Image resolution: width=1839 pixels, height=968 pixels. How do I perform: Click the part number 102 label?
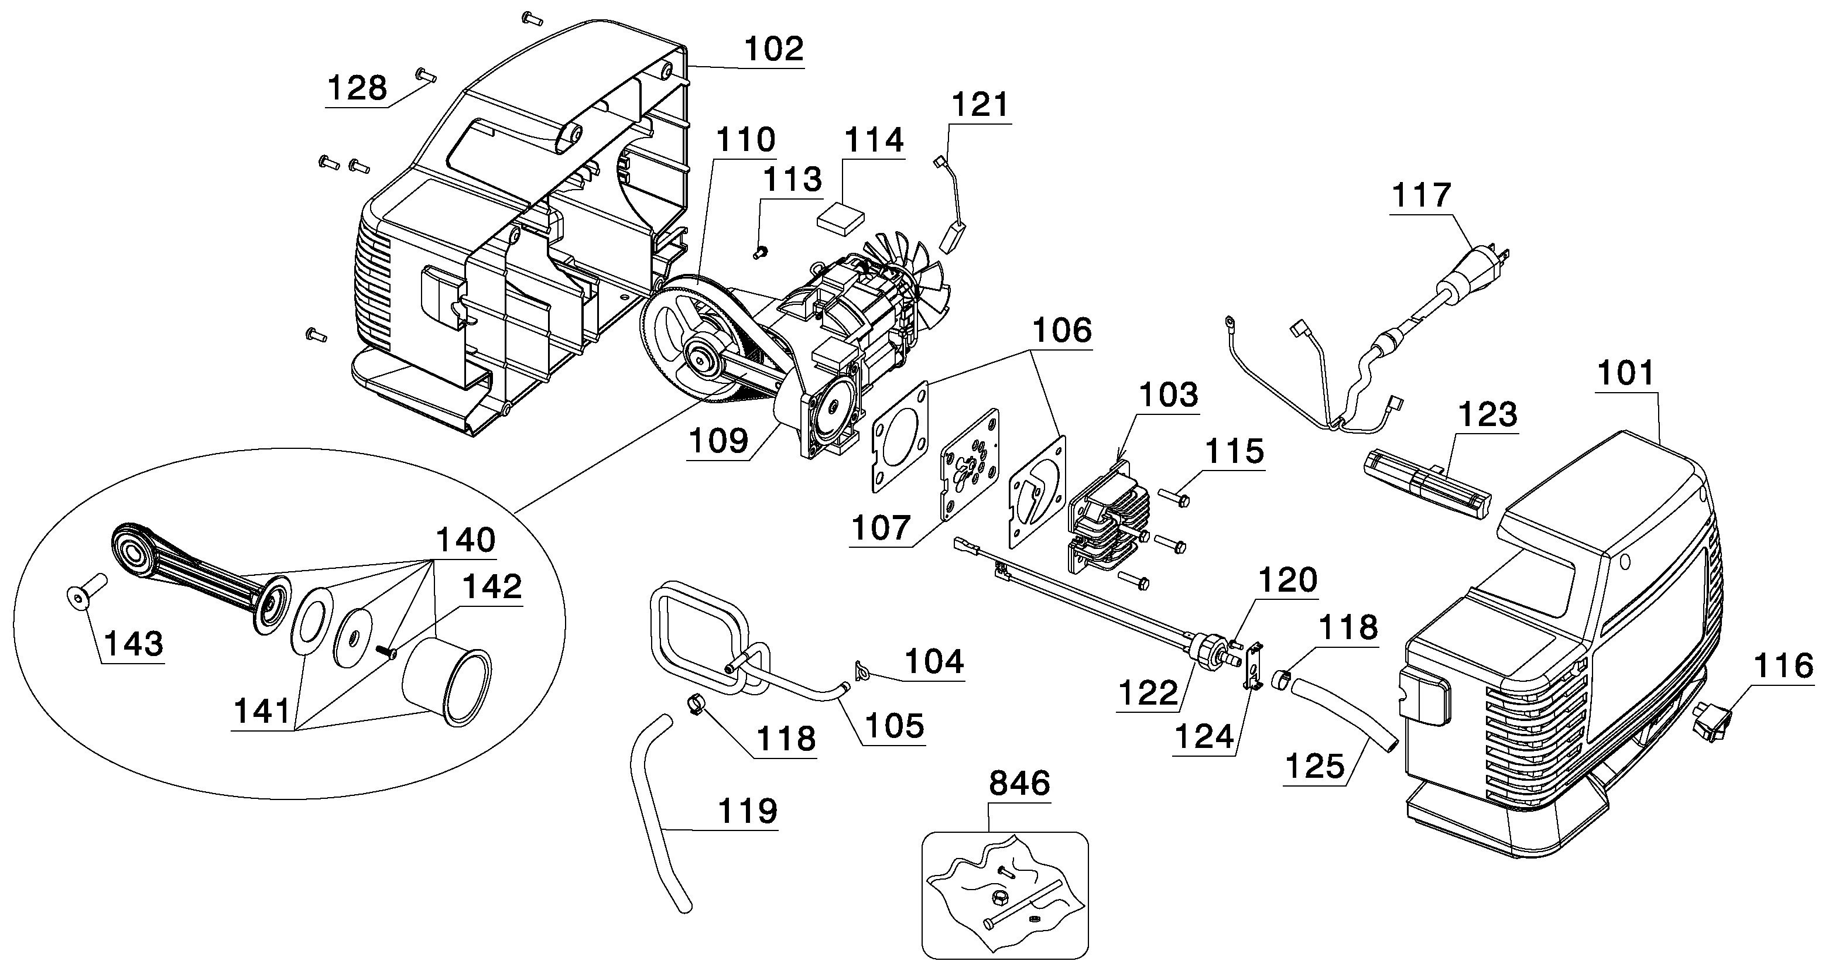tap(774, 49)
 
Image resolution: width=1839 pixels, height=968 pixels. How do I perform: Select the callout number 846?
tap(1019, 784)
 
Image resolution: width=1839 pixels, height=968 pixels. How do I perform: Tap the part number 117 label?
tap(1420, 195)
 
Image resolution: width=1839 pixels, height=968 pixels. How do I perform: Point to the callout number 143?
tap(133, 644)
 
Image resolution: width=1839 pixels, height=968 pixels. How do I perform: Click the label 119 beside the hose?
tap(746, 811)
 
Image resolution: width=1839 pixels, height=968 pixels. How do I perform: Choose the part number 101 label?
tap(1625, 373)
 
